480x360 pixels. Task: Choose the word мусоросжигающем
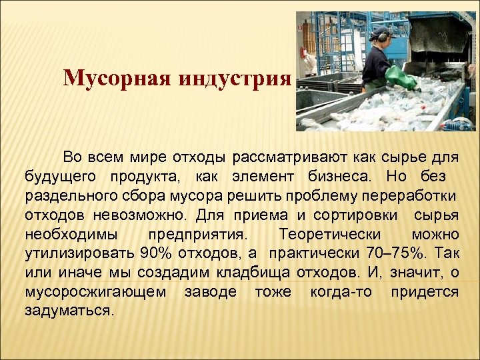click(96, 292)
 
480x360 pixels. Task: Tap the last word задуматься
click(70, 311)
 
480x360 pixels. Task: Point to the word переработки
click(415, 197)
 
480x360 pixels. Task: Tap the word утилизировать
click(81, 254)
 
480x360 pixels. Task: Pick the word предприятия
click(198, 235)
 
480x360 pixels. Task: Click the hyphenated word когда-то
click(341, 292)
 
